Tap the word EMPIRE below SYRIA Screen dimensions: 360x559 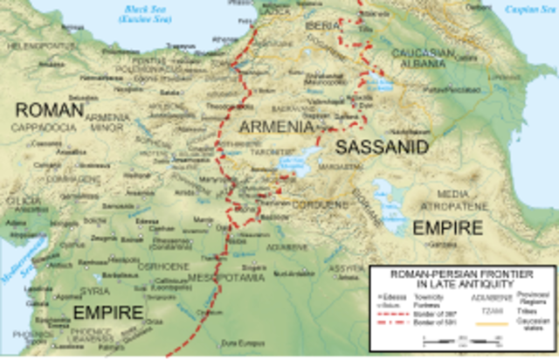[107, 312]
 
